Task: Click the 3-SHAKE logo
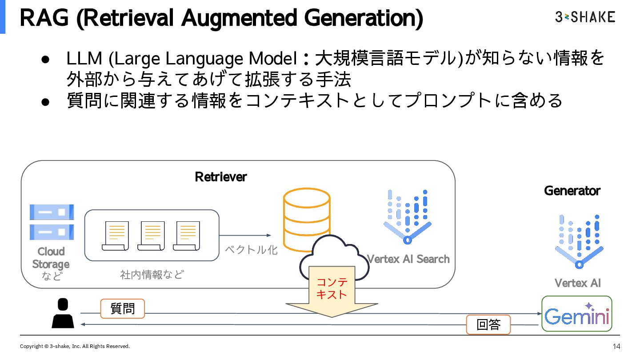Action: pyautogui.click(x=585, y=17)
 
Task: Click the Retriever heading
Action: pyautogui.click(x=220, y=177)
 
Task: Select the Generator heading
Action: pyautogui.click(x=572, y=191)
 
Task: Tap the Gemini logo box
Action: pyautogui.click(x=577, y=314)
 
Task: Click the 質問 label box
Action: pyautogui.click(x=122, y=308)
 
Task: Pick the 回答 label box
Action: pyautogui.click(x=488, y=325)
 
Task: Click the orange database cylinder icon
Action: pyautogui.click(x=307, y=218)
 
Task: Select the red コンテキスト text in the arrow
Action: pyautogui.click(x=332, y=288)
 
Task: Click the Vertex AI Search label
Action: pyautogui.click(x=408, y=259)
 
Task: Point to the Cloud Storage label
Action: pyautogui.click(x=51, y=258)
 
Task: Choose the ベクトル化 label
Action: pyautogui.click(x=251, y=250)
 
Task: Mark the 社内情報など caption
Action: pyautogui.click(x=152, y=275)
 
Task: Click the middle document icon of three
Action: pyautogui.click(x=152, y=236)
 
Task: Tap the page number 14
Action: pyautogui.click(x=616, y=346)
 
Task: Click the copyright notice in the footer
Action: pyautogui.click(x=75, y=346)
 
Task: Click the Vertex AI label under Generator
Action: pyautogui.click(x=577, y=283)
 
